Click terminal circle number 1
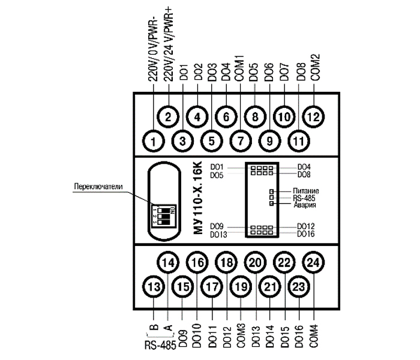(x=154, y=142)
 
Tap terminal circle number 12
(x=313, y=116)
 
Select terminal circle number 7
(x=240, y=142)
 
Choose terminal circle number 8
(x=254, y=116)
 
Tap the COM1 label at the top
(x=239, y=67)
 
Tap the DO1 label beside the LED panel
(x=217, y=166)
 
